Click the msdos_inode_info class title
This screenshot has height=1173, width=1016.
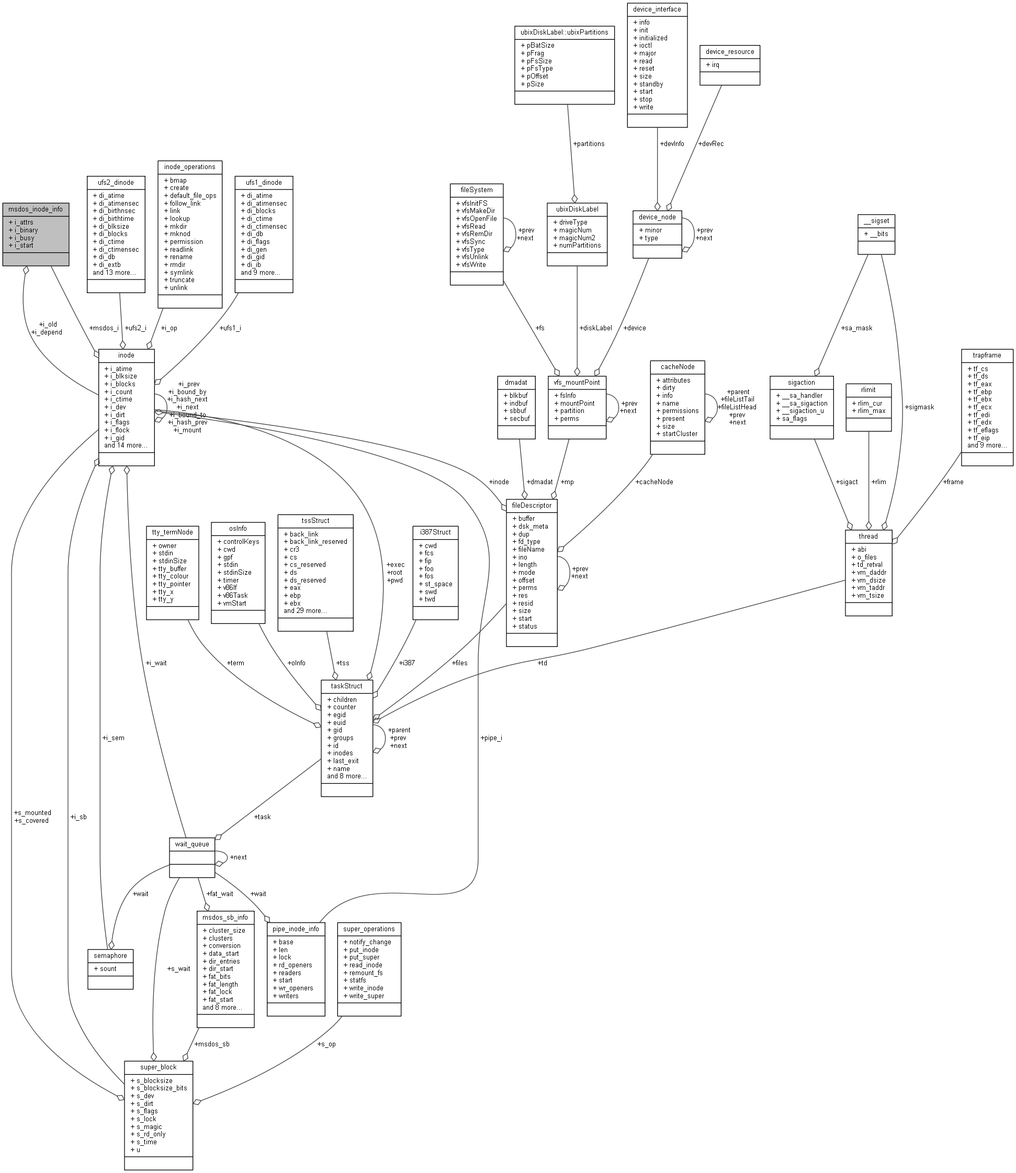tap(35, 209)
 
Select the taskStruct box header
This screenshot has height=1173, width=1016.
tap(346, 686)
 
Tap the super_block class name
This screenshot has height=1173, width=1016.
tap(158, 1067)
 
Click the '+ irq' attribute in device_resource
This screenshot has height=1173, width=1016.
tap(713, 65)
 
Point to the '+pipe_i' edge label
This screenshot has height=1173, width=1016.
tap(491, 738)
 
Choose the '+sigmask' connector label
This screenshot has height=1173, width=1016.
tap(919, 407)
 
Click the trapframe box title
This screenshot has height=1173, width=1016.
tap(987, 355)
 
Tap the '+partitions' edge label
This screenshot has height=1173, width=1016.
tap(589, 143)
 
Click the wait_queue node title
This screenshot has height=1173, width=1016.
tap(191, 844)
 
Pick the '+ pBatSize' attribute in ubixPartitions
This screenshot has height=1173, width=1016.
tap(537, 46)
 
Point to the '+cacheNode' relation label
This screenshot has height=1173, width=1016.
tap(654, 482)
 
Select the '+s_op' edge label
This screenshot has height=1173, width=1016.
tap(326, 1044)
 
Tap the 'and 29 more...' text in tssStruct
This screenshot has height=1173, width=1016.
tap(305, 611)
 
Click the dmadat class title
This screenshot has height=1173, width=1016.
tap(516, 382)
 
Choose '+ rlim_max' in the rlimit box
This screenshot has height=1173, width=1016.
tap(868, 411)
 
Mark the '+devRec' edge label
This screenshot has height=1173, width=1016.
tap(710, 143)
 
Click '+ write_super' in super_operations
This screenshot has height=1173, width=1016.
tap(364, 996)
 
